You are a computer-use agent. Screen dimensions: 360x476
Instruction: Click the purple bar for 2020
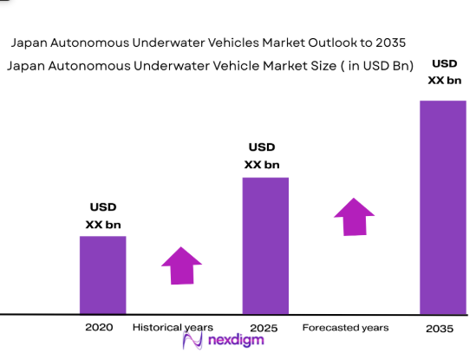[x=102, y=274]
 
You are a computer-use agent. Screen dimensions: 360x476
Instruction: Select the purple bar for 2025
[x=264, y=245]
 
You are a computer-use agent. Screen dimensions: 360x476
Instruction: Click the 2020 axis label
[x=100, y=328]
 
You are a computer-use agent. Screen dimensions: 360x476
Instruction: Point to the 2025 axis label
[x=264, y=328]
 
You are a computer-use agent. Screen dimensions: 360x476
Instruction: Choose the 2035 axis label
[x=441, y=329]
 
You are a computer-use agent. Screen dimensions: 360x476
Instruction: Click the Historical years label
[x=173, y=328]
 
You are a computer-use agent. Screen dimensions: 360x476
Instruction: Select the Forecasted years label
[x=346, y=328]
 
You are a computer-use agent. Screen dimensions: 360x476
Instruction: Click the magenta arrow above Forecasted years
[x=354, y=217]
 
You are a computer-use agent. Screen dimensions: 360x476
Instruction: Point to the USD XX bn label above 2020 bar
[x=103, y=216]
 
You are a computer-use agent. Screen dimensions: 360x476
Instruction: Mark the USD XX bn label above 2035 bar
[x=444, y=73]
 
